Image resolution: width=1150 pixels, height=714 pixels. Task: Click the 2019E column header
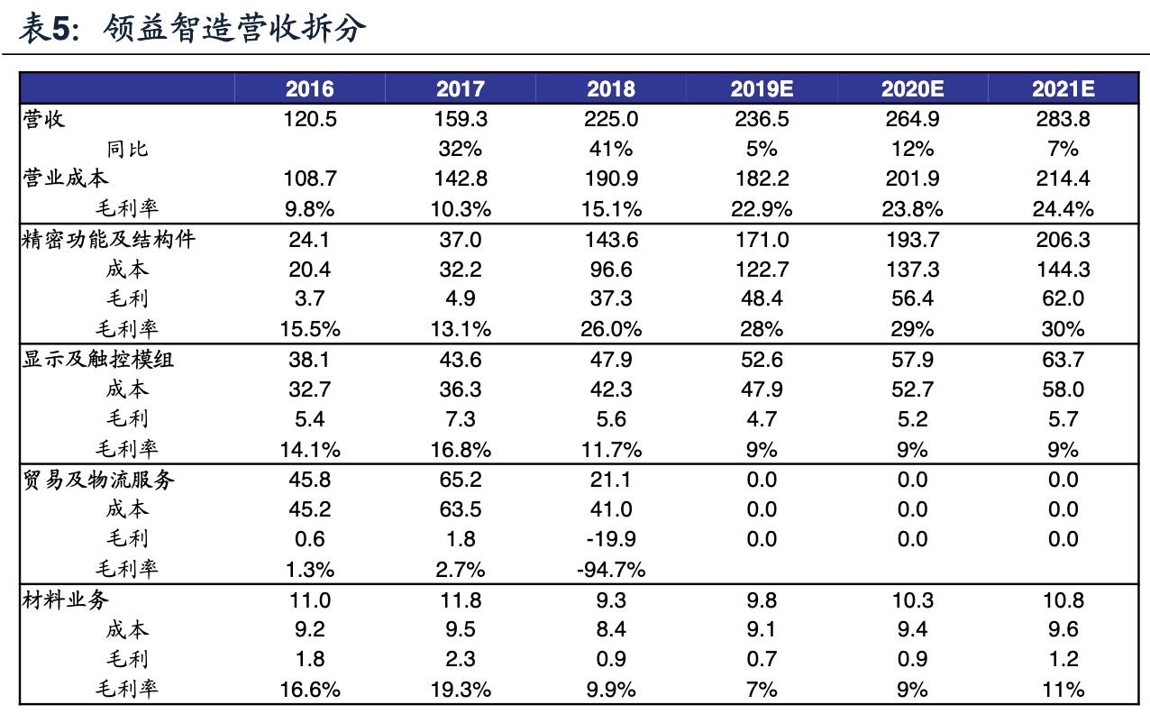[x=762, y=88]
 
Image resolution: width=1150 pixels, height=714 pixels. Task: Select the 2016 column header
[x=309, y=88]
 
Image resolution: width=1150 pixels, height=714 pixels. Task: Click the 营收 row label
[x=43, y=118]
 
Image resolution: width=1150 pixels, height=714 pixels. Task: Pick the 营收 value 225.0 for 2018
[x=611, y=119]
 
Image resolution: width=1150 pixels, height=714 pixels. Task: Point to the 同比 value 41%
[x=611, y=149]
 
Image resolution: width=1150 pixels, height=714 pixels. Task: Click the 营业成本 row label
[x=65, y=178]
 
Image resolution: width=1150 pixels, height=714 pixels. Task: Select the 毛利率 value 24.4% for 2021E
[x=1063, y=209]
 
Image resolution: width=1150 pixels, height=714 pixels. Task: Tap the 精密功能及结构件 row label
[x=108, y=239]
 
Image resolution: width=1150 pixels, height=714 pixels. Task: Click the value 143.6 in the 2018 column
[x=611, y=240]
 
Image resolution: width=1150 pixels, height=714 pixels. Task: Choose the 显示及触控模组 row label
[x=97, y=359]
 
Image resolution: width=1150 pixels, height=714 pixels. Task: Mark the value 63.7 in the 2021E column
[x=1063, y=360]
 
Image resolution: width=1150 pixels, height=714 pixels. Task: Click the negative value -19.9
[x=611, y=539]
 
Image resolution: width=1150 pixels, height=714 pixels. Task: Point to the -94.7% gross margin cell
[x=611, y=570]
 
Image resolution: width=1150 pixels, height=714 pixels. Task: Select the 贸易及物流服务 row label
[x=97, y=480]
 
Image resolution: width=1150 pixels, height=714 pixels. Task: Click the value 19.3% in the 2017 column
[x=460, y=690]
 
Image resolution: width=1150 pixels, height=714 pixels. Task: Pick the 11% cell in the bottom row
[x=1063, y=690]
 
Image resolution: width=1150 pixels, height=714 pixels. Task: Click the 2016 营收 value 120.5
[x=309, y=119]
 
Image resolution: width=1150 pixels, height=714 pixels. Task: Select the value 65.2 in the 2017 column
[x=460, y=480]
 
